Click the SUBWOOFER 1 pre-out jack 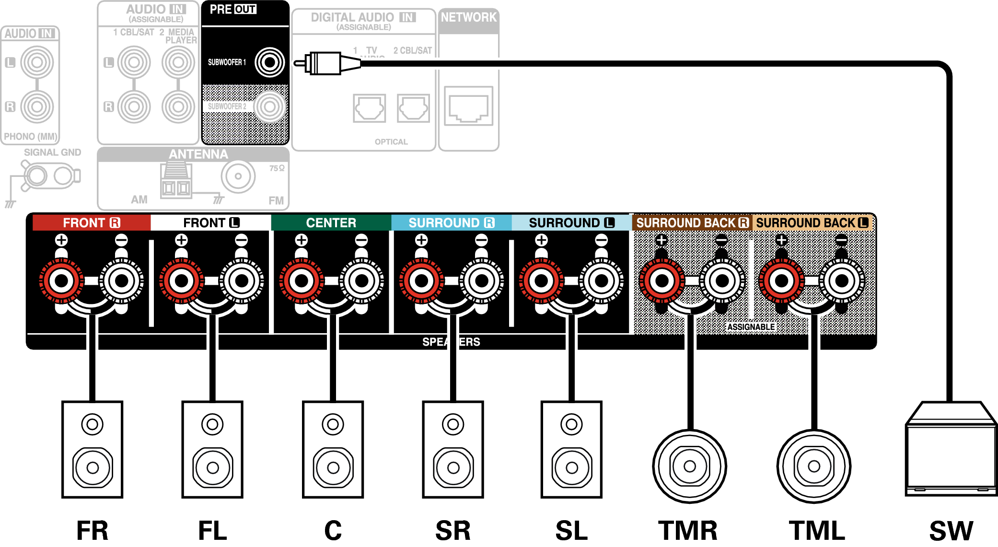tap(269, 62)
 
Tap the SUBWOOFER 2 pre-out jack tap(269, 106)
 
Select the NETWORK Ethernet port tap(468, 106)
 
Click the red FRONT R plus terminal tap(61, 281)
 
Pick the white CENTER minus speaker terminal tap(362, 281)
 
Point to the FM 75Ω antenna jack tap(238, 176)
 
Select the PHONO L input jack tap(37, 62)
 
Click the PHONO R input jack tap(37, 106)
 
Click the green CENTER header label tap(331, 223)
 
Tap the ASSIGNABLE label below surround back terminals tap(751, 327)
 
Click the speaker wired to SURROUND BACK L tap(813, 466)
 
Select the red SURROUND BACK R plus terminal tap(661, 281)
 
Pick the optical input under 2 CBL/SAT tap(413, 108)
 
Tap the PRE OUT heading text tap(233, 9)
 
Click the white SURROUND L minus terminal tap(602, 281)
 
